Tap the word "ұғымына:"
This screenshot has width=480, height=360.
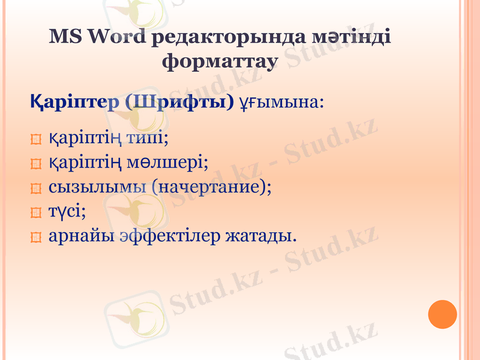click(x=282, y=101)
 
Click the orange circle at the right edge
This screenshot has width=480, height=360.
click(x=443, y=314)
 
